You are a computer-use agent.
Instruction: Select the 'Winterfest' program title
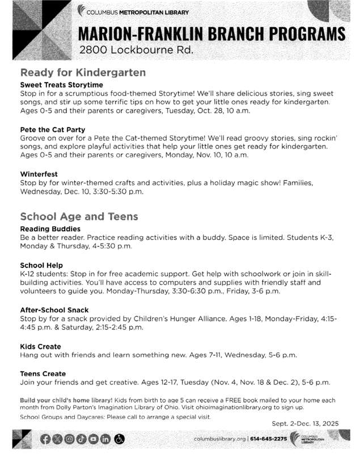point(39,174)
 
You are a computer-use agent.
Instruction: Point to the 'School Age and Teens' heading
point(79,216)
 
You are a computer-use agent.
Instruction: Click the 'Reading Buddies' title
point(50,229)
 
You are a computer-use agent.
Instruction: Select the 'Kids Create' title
point(40,346)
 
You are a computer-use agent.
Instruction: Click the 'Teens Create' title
point(43,373)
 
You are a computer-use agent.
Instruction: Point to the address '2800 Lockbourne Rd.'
point(136,50)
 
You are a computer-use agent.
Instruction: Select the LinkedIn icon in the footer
point(105,439)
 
